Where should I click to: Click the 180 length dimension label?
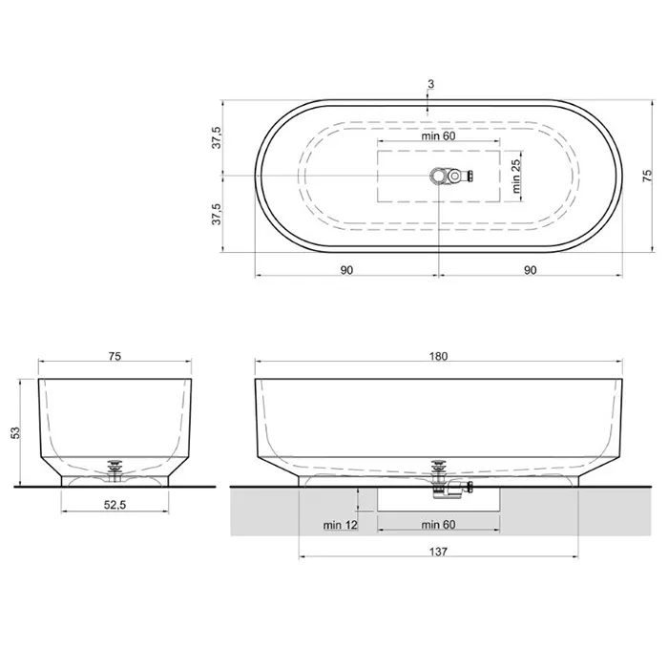click(438, 356)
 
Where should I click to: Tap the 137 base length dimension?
click(438, 552)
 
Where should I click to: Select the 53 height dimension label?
click(15, 433)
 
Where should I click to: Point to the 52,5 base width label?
click(115, 505)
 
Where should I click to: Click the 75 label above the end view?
click(115, 356)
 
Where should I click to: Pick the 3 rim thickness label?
click(430, 84)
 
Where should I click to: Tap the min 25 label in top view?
click(516, 176)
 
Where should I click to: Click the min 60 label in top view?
click(438, 136)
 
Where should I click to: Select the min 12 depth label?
click(340, 525)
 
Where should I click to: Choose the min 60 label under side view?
click(438, 525)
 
